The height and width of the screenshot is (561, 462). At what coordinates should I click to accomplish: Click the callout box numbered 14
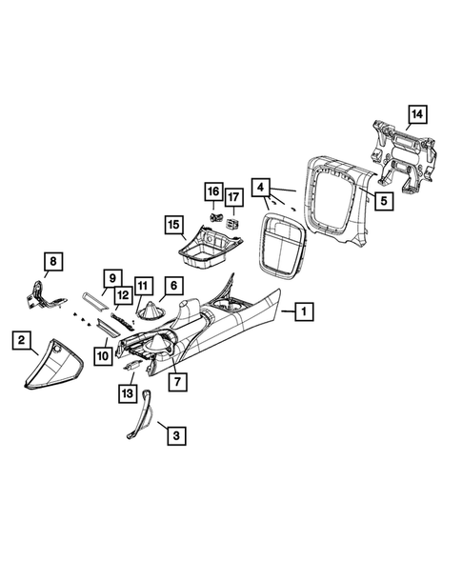417,114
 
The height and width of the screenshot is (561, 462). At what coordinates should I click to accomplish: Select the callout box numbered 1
304,311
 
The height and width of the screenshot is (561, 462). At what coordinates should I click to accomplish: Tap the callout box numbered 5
384,201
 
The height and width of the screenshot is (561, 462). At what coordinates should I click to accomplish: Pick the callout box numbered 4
261,187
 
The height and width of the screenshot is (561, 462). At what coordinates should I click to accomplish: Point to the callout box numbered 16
213,191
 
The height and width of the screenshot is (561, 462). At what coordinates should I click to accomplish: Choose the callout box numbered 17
233,197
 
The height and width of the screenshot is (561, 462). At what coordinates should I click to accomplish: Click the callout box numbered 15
174,225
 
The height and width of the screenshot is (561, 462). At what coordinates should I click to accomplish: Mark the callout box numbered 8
53,262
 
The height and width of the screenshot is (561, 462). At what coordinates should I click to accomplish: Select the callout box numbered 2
22,340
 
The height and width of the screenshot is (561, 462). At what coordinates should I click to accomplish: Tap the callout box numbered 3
177,436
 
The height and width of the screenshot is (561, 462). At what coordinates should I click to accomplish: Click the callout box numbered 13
128,393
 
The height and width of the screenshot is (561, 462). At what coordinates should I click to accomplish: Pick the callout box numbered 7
178,382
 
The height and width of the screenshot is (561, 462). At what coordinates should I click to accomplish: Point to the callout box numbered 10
104,356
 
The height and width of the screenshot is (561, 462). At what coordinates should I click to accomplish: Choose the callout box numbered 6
174,286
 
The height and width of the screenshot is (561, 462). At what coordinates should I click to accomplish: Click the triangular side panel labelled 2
53,365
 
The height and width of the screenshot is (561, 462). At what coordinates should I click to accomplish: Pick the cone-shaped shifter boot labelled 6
150,311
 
